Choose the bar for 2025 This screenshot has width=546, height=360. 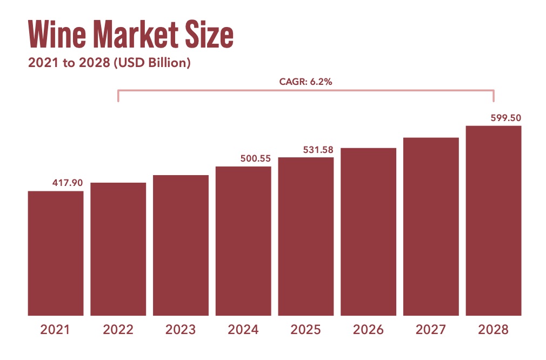(306, 236)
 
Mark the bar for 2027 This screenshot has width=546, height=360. (431, 226)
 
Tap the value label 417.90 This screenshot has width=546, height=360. (68, 183)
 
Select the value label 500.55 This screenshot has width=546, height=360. (255, 158)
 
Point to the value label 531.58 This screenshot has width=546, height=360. (318, 149)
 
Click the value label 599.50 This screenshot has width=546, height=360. (505, 117)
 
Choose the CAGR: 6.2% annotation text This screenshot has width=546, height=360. (305, 82)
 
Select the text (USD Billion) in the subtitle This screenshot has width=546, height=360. (150, 63)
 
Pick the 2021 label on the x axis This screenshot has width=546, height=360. (56, 330)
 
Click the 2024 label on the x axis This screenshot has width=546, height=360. (243, 330)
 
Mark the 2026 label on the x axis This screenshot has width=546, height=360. (368, 330)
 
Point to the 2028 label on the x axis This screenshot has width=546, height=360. (494, 330)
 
